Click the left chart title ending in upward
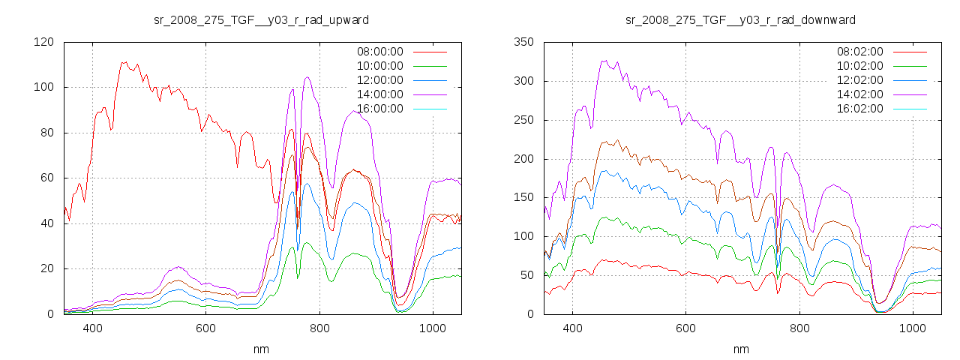(261, 19)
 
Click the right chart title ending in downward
(741, 19)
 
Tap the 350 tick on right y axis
(523, 42)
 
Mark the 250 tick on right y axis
(523, 120)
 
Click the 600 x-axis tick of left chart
(205, 328)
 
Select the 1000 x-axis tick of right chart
(912, 328)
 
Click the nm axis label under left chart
(261, 349)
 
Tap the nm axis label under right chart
(741, 349)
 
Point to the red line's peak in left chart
(124, 62)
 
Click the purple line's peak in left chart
(307, 77)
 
